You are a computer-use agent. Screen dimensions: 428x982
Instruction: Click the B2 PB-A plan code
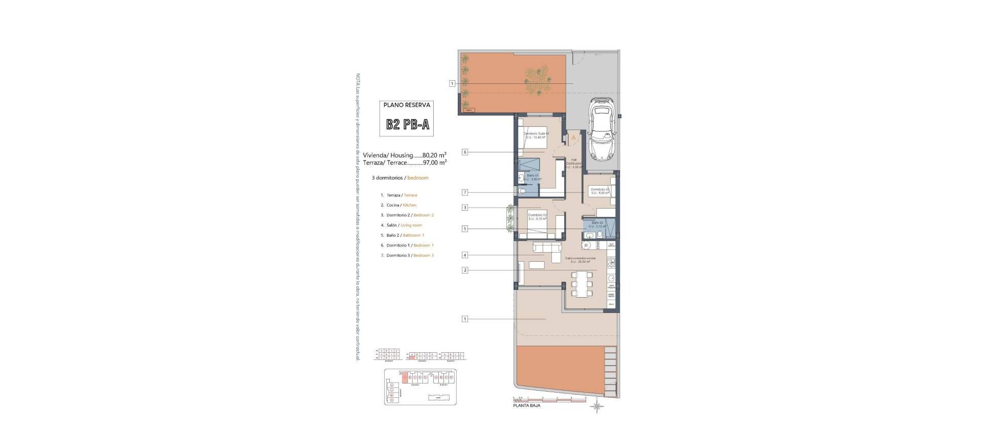[407, 125]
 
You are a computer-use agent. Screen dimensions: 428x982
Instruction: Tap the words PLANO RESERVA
[407, 105]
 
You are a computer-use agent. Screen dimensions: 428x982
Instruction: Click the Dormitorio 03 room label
[600, 191]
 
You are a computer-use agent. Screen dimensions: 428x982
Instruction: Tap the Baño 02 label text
[597, 224]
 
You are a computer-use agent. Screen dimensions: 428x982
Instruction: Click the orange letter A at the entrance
[573, 138]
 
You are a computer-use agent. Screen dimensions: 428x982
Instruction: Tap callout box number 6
[464, 152]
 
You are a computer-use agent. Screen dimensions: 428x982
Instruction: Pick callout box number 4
[464, 255]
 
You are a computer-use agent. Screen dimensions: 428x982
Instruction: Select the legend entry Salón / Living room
[404, 225]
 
